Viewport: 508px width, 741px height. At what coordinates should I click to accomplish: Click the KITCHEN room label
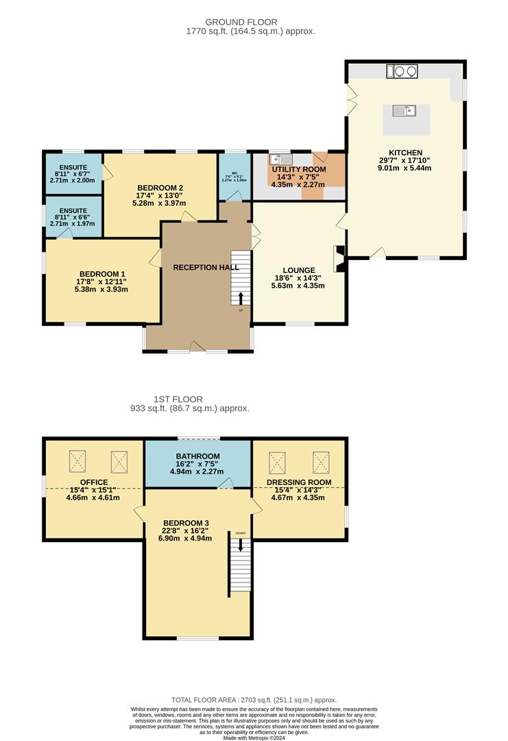pos(406,152)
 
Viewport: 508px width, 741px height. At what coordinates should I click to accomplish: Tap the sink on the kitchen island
pos(402,110)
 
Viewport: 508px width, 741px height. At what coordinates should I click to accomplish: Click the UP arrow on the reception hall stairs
pos(241,298)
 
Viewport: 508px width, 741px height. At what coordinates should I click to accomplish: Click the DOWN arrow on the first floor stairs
pos(241,544)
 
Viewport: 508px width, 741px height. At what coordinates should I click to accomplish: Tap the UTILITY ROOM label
pos(298,169)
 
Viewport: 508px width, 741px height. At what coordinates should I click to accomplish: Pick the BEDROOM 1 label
pos(102,272)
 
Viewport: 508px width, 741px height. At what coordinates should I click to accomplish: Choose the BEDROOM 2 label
pos(160,187)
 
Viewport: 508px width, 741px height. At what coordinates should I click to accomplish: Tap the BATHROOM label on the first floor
pos(197,456)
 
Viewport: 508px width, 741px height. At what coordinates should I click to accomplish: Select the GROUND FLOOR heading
pos(250,22)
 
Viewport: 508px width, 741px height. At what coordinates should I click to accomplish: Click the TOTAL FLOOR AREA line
pos(254,697)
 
